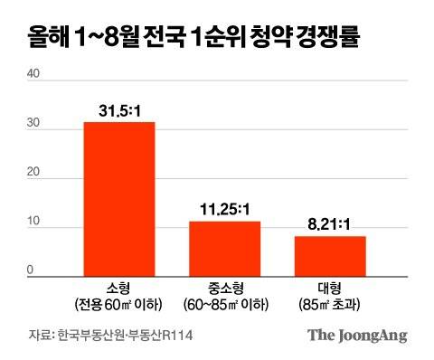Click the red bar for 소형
119,197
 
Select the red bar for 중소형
224,247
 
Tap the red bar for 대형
330,254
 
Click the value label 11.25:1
224,211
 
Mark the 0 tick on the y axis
31,270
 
